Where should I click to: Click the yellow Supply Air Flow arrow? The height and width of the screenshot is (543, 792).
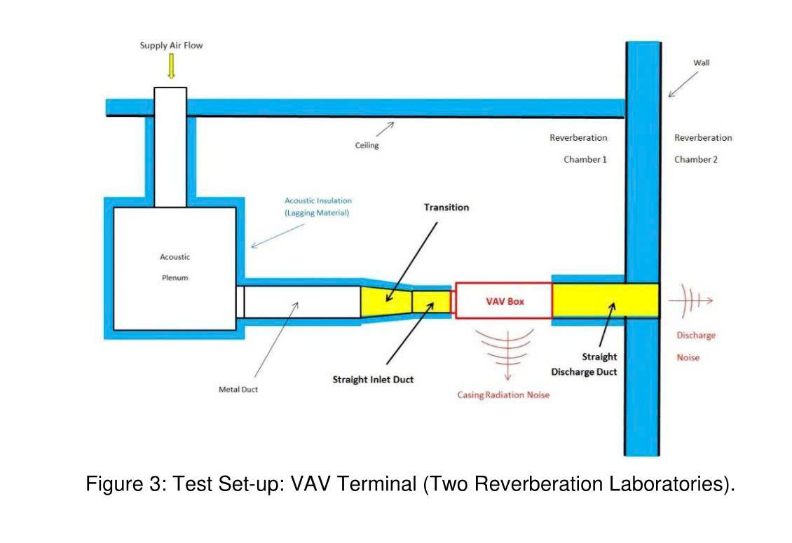pos(171,66)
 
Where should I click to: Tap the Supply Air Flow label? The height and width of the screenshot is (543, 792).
pos(171,46)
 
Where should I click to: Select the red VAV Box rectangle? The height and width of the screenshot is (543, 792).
pos(504,301)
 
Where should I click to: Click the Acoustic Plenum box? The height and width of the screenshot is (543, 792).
pos(175,268)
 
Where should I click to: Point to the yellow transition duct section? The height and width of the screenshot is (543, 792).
pos(386,301)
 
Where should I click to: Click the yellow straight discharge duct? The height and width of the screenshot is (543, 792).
pos(606,301)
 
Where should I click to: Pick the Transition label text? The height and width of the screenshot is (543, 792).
pos(446,207)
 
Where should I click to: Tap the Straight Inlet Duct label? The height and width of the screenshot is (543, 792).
pos(373,379)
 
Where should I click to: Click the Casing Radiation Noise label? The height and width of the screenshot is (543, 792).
pos(503,395)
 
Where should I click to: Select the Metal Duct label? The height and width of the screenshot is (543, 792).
pos(238,390)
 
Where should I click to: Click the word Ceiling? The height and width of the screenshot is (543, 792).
pos(367,146)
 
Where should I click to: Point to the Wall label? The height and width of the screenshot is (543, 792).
pos(701,62)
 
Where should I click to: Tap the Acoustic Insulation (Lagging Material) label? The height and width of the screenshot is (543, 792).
pos(318,207)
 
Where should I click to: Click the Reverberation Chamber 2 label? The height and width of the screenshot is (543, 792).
pos(702,149)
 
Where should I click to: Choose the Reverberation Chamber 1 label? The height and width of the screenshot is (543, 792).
pos(579,149)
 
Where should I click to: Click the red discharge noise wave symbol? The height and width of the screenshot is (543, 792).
pos(690,301)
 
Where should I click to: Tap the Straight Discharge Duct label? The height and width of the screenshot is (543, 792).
pos(584,364)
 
